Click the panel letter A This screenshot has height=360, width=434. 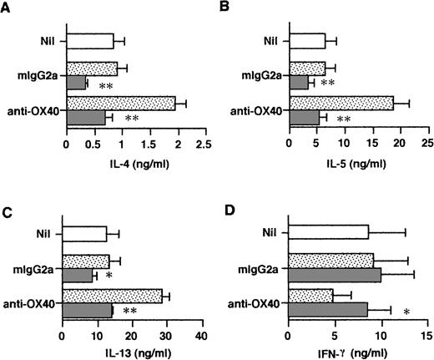[7, 8]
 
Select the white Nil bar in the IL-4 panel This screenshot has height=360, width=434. [90, 40]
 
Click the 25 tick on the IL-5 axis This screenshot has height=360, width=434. [426, 143]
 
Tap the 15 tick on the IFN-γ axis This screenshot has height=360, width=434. [426, 337]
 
